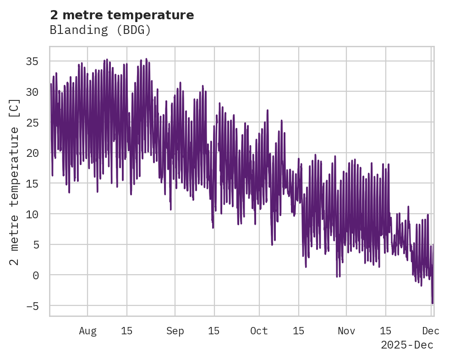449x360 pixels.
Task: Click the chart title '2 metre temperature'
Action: coord(122,15)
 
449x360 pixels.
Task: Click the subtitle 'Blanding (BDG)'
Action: coord(100,30)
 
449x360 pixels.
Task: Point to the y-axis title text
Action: coord(15,182)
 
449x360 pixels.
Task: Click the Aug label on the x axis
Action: coord(88,331)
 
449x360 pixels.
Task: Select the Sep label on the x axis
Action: coord(175,331)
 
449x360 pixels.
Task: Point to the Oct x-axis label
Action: coord(259,331)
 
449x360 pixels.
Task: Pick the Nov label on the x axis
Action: coord(346,331)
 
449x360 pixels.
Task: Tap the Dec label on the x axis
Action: coord(431,331)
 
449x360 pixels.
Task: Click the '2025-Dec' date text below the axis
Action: coord(407,345)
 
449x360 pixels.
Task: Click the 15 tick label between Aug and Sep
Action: coord(127,331)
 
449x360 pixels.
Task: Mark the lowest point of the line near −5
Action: coord(432,303)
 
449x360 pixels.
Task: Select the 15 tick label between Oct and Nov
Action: coord(299,331)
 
